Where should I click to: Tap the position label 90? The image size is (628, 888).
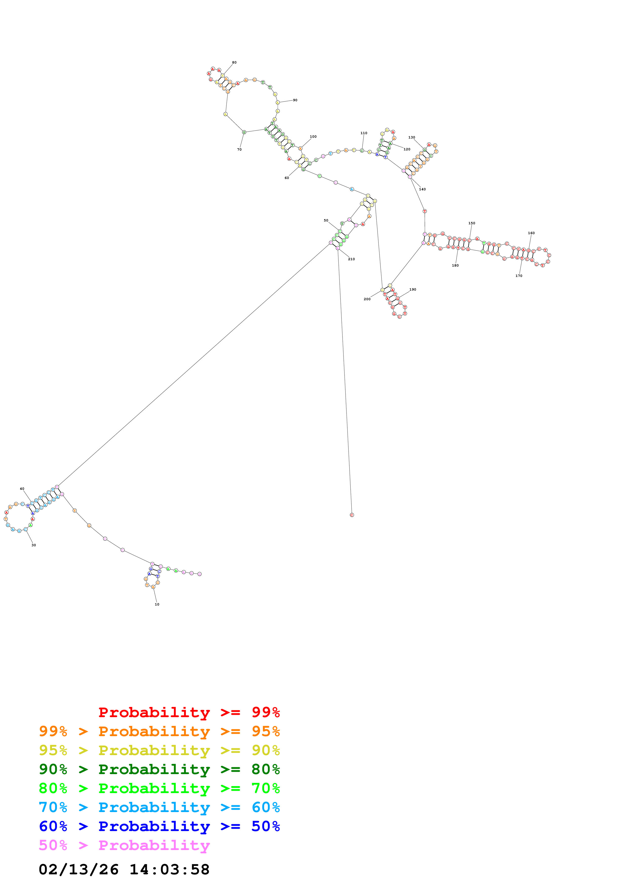(295, 100)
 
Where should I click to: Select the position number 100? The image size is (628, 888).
(313, 136)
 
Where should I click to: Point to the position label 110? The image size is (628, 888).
(364, 133)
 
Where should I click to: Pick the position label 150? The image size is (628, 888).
(472, 223)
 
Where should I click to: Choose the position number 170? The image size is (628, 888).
(519, 276)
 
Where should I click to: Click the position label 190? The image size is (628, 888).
(413, 289)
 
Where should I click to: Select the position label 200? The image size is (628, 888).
(367, 299)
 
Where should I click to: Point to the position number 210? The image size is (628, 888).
(351, 259)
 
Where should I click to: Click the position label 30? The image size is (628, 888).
(34, 545)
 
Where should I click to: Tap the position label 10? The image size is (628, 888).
(157, 604)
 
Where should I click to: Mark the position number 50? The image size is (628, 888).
(326, 220)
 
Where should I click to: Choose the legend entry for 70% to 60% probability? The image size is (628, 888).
(159, 807)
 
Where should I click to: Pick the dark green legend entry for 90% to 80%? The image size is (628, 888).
(159, 769)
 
